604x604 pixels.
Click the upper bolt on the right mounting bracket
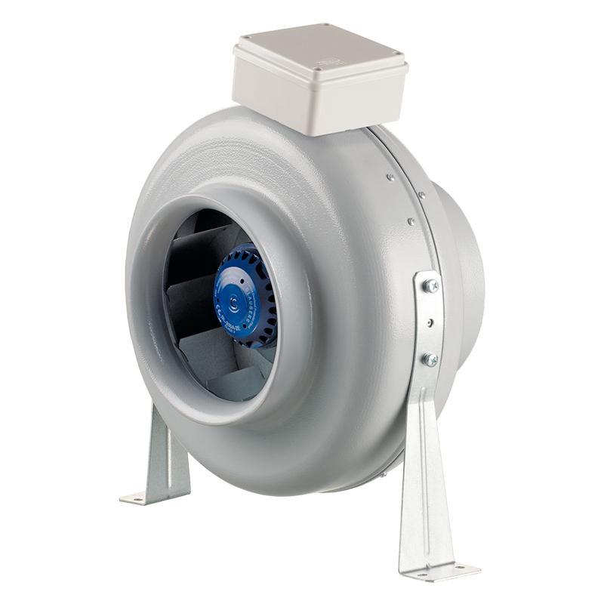point(430,286)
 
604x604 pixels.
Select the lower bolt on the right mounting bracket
point(430,359)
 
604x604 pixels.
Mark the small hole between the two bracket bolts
point(430,322)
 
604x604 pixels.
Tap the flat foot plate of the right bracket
point(438,567)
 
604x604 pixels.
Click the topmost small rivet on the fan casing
point(390,178)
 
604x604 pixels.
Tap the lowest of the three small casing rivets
point(411,222)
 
